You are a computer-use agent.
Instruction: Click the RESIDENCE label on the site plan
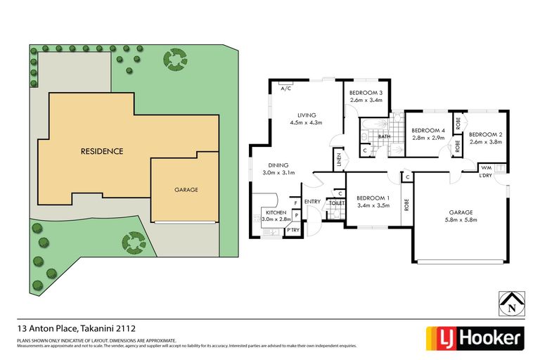[102, 151]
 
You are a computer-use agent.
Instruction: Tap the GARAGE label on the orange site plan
[186, 190]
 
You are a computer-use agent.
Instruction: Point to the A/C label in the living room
[286, 89]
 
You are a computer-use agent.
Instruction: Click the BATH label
[384, 136]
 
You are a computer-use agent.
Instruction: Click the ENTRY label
[313, 202]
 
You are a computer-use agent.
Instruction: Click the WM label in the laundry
[485, 167]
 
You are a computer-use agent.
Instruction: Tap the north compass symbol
[511, 305]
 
